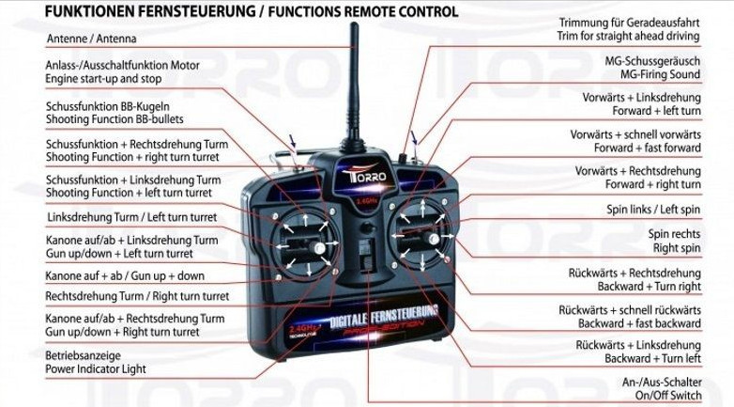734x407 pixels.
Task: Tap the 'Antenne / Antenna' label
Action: (91, 39)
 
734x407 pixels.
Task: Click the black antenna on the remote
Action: (354, 85)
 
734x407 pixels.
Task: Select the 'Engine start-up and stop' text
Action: (103, 79)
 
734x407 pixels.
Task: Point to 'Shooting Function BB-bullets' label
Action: (114, 119)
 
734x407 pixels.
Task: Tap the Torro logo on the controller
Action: (358, 178)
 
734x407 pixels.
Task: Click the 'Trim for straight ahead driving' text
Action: (630, 36)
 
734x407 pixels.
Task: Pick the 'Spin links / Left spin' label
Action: (653, 210)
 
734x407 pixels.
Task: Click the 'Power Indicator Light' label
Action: (96, 369)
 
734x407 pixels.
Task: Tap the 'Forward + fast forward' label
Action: (648, 148)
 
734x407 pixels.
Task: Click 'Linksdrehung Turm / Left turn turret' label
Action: (131, 217)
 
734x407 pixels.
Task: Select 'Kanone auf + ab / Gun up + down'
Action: (125, 276)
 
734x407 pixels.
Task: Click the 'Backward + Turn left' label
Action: (652, 359)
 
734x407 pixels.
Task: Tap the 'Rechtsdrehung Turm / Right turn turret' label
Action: (137, 296)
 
